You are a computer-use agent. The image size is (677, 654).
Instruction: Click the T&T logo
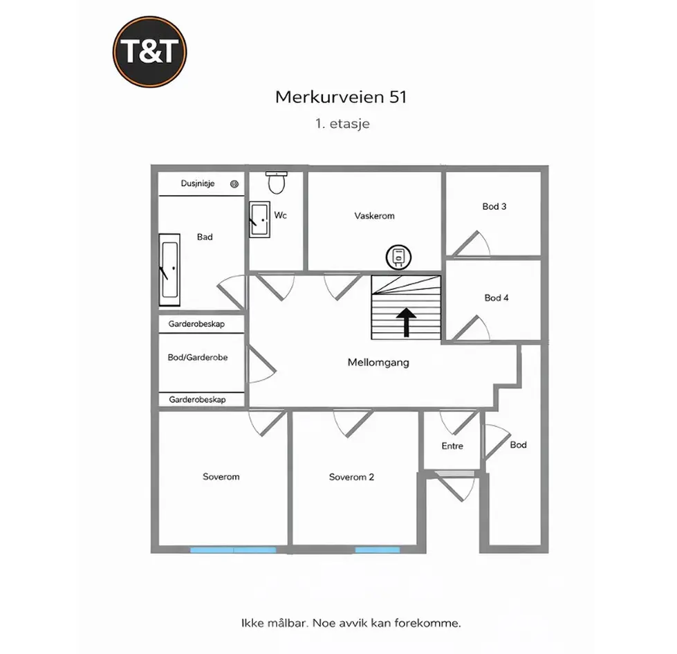point(149,52)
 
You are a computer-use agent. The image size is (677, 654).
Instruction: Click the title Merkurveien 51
point(341,97)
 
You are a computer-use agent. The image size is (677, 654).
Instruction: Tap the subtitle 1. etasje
point(342,124)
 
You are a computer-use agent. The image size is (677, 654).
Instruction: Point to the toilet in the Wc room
point(277,182)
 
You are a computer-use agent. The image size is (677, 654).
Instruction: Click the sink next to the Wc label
point(259,219)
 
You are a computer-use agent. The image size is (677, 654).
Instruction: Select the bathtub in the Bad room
point(169,269)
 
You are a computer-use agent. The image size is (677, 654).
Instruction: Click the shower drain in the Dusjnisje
point(234,184)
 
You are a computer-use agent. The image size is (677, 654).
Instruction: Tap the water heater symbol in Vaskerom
point(398,257)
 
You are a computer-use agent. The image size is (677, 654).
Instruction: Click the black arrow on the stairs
point(407,322)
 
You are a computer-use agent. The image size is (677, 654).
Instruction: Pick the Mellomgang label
point(378,363)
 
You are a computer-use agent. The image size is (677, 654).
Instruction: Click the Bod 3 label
point(494,206)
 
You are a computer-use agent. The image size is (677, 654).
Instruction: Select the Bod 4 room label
point(497,298)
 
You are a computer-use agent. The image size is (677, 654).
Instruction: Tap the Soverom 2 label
point(351,477)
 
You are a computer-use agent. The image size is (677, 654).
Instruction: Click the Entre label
point(452,446)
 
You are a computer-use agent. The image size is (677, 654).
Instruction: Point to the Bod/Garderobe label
point(197,357)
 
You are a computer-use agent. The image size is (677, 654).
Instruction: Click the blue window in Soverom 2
point(378,550)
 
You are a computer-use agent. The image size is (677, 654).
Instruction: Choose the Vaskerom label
point(374,215)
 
